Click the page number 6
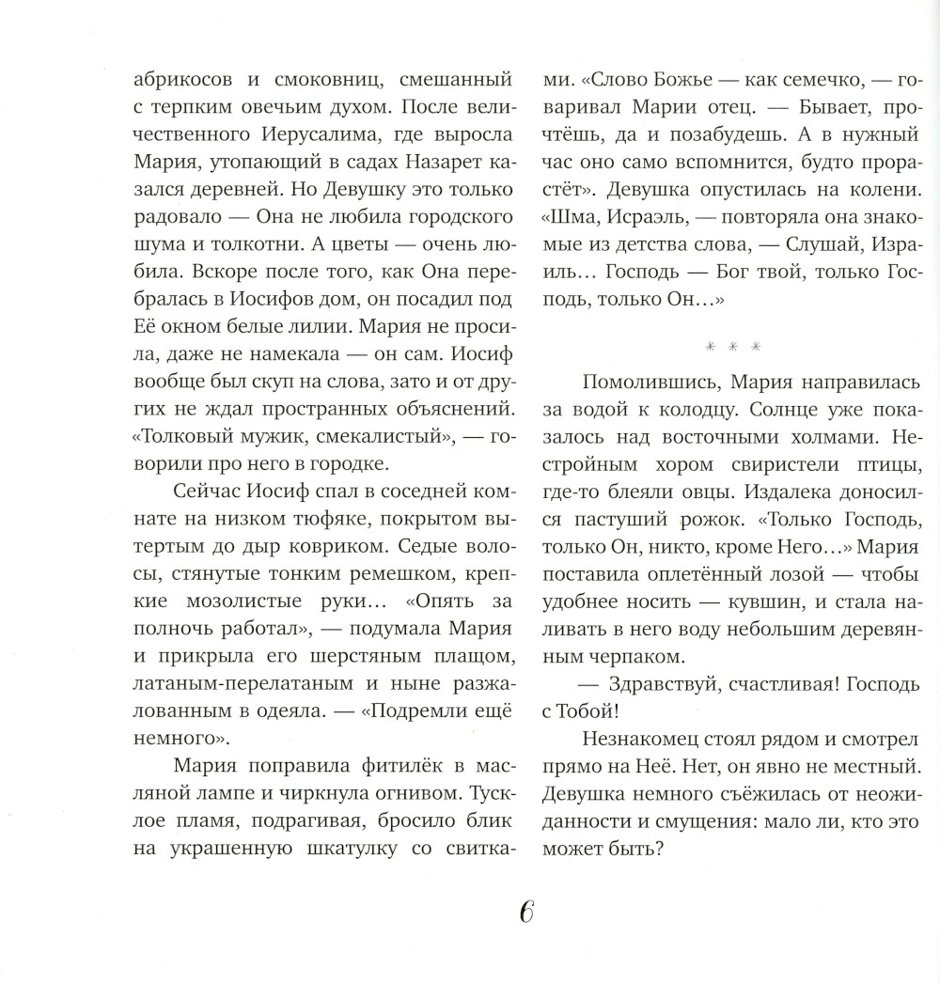[x=525, y=913]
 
